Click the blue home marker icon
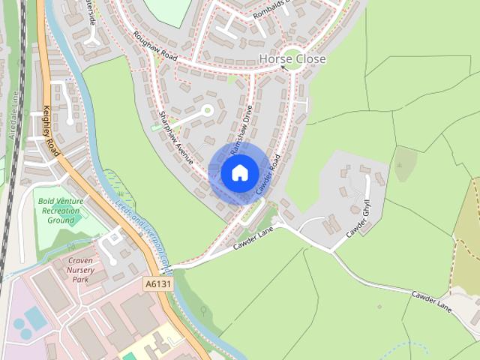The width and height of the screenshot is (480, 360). coord(240,172)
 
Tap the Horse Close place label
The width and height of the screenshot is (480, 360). coord(292,58)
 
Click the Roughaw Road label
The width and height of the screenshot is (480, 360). coord(154,46)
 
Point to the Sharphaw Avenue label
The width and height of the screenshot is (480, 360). coord(176,137)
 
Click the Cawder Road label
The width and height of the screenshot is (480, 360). coord(268,175)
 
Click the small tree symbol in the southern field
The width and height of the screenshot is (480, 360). coord(202,309)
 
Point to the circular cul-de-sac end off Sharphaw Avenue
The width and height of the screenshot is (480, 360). coord(207,111)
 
